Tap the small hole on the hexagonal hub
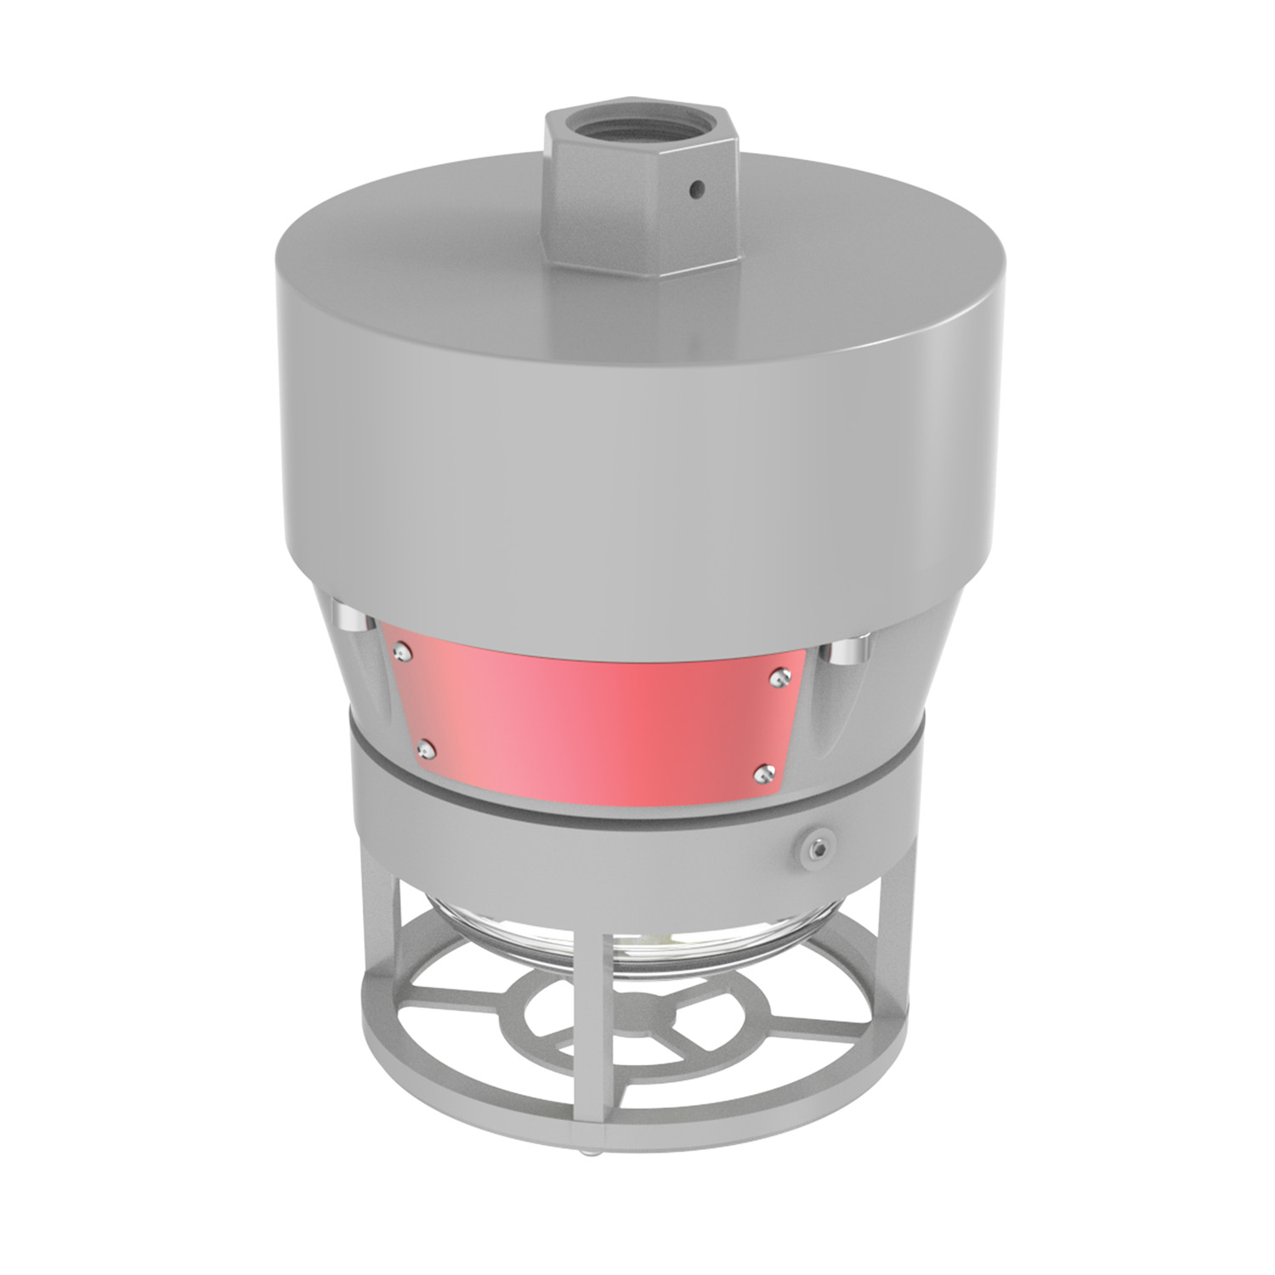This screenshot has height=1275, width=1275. (x=698, y=189)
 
